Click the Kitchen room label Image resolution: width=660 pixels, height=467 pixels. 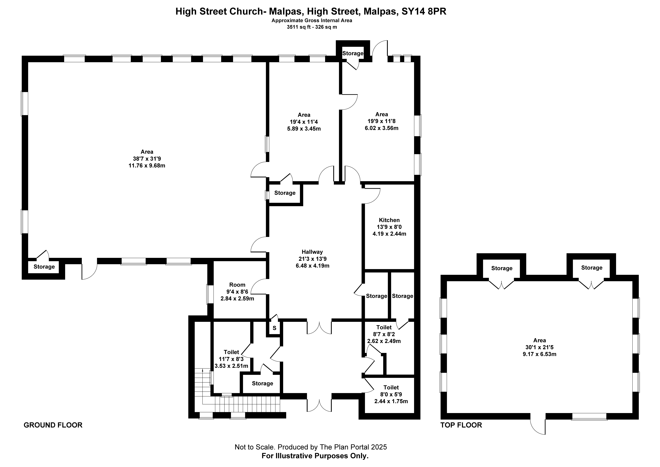pos(389,220)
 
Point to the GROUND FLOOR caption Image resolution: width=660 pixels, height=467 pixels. pos(53,425)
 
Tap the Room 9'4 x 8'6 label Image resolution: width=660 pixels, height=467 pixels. pos(237,285)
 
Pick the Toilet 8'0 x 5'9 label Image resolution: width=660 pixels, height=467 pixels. pos(391,387)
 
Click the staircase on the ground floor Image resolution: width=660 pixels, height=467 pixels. pos(247,404)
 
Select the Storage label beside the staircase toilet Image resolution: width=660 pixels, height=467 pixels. pos(262,383)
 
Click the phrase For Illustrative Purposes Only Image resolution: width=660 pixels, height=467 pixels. pos(315,456)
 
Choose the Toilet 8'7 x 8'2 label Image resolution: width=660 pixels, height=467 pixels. pos(384,327)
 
